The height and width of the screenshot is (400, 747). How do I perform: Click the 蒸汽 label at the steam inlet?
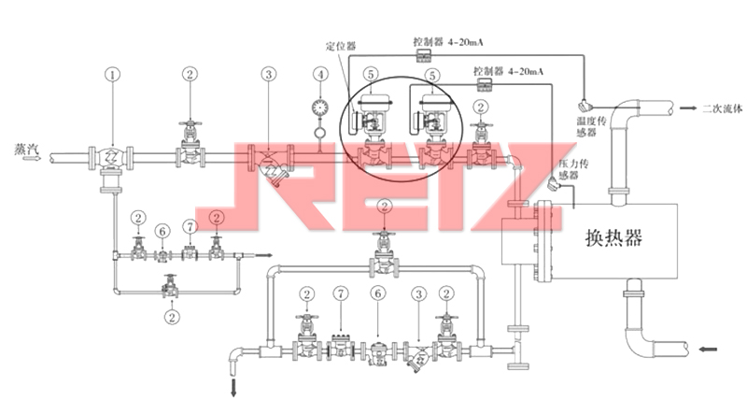coord(24,147)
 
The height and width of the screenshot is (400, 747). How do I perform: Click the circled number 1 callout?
coord(114,73)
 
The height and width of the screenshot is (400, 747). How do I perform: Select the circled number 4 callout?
coord(321,73)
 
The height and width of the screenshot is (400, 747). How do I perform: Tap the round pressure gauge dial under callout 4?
coord(321,106)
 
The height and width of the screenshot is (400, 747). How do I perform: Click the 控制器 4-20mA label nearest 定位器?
coord(448,42)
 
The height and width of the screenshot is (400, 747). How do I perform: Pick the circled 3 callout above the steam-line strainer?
coord(268,73)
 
